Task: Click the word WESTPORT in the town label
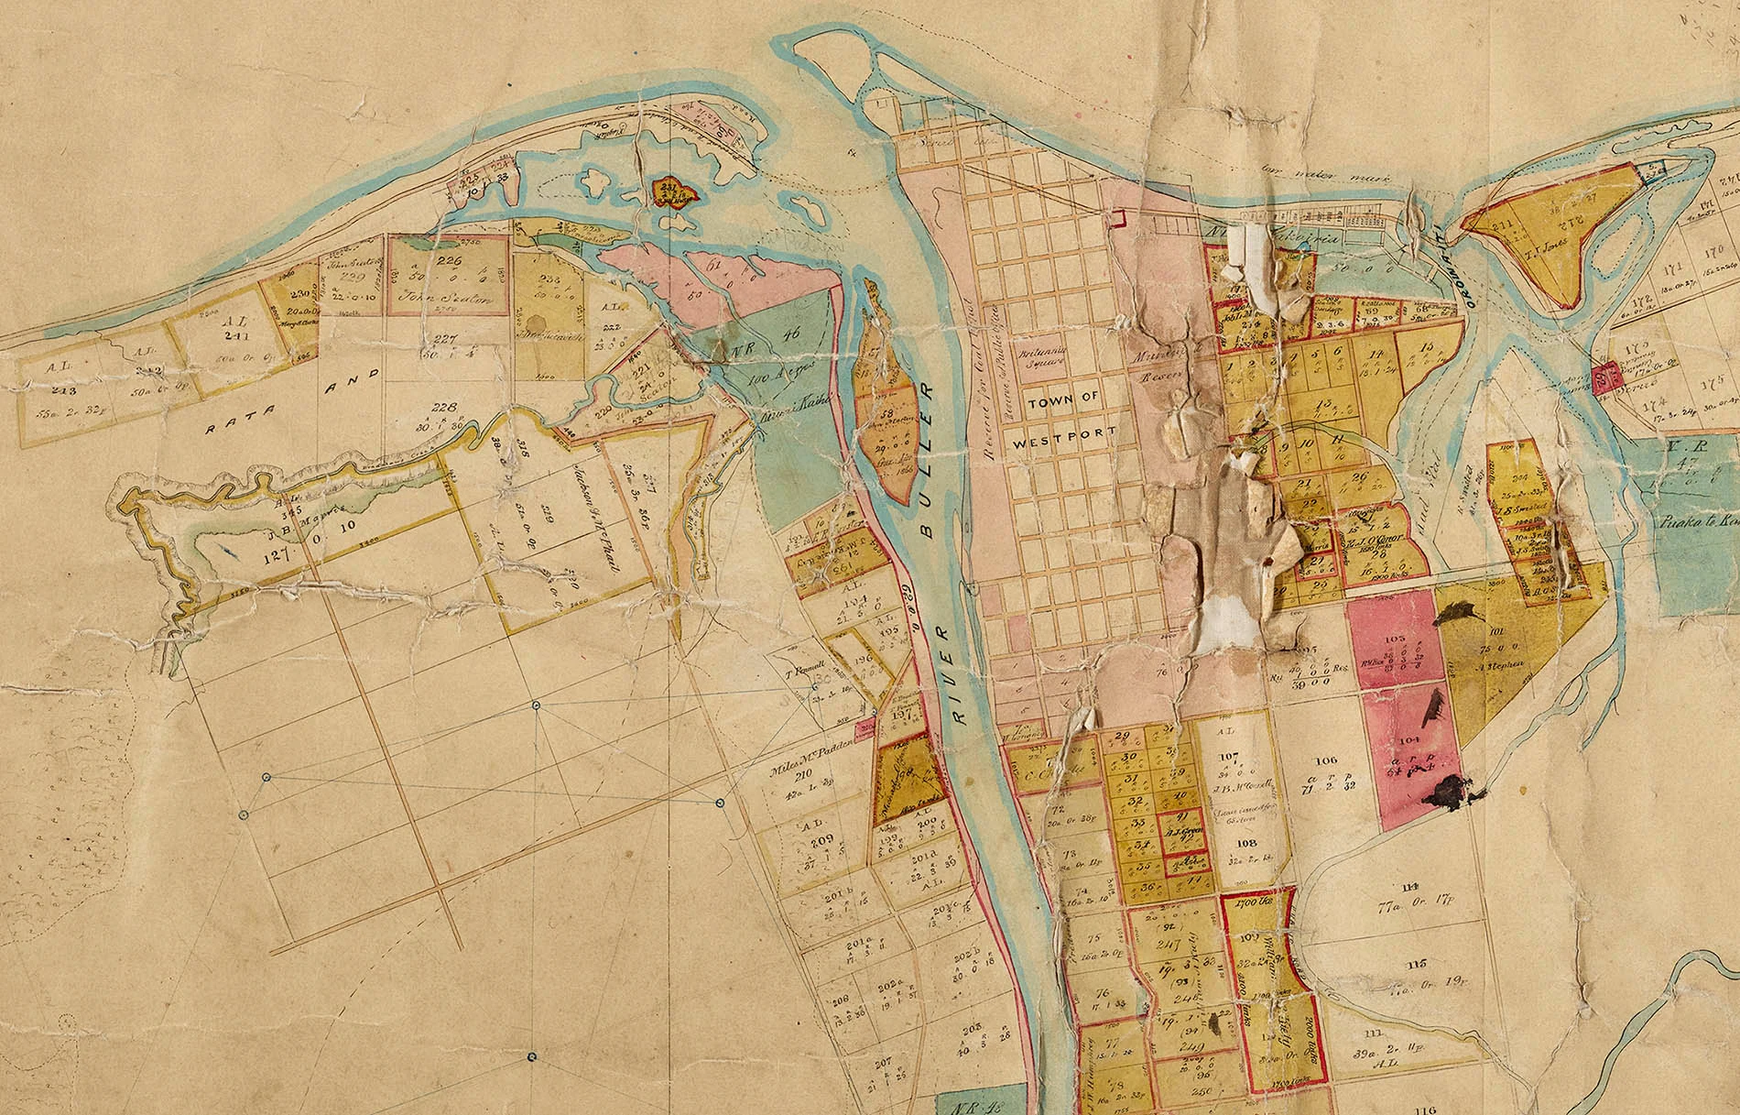(x=1064, y=432)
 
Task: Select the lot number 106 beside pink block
(x=1325, y=760)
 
